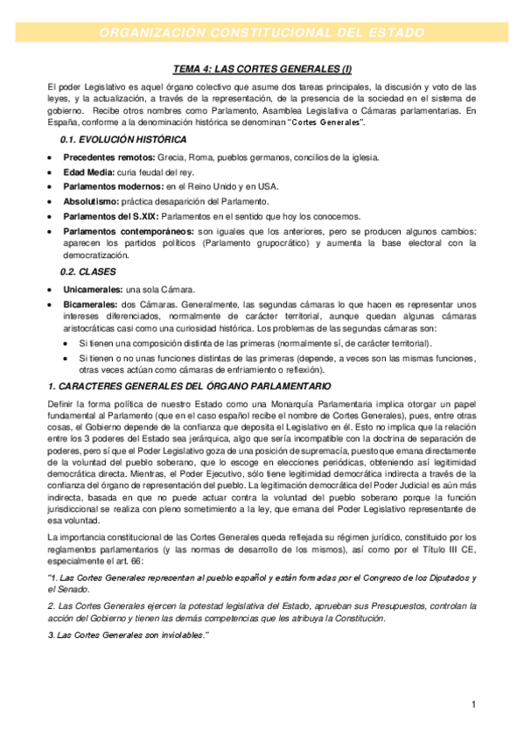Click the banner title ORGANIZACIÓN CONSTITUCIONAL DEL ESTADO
pyautogui.click(x=262, y=32)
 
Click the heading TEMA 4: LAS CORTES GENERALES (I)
pyautogui.click(x=262, y=69)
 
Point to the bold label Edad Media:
pyautogui.click(x=91, y=171)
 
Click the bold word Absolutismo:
pyautogui.click(x=94, y=201)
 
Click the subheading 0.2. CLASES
pyautogui.click(x=87, y=272)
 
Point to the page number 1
pyautogui.click(x=472, y=704)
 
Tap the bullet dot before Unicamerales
pyautogui.click(x=50, y=290)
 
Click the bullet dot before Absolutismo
pyautogui.click(x=50, y=202)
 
